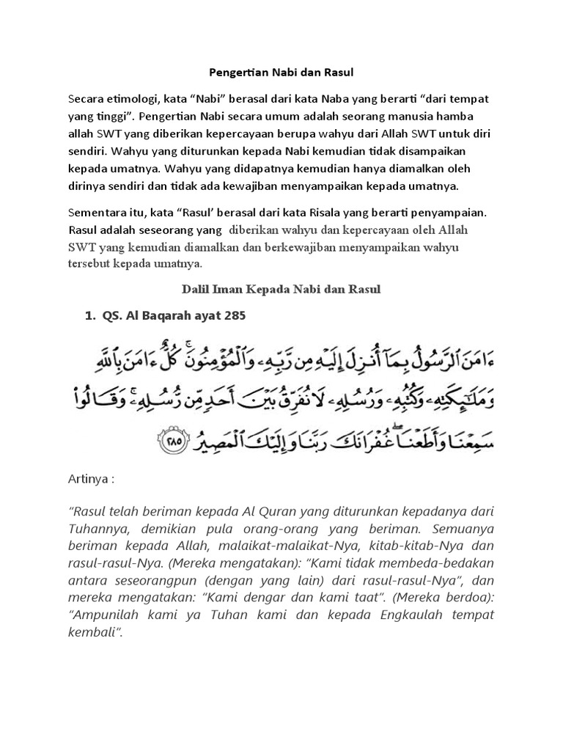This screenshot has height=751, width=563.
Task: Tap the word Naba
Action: [x=336, y=98]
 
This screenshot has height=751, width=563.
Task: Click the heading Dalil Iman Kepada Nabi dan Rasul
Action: [x=281, y=290]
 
